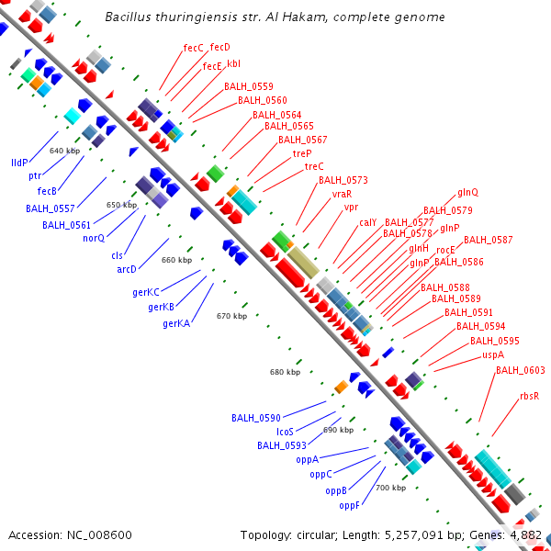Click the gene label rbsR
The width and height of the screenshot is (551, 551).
pos(529,396)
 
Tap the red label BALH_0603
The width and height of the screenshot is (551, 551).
pos(521,370)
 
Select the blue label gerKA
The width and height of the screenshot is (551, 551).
pos(176,323)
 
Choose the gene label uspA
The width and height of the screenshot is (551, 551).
pos(492,354)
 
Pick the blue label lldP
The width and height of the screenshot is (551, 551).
pos(19,162)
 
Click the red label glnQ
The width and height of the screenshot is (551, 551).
pos(467,193)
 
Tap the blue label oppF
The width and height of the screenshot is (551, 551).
pos(349,505)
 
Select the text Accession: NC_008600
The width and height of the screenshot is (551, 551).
pos(70,534)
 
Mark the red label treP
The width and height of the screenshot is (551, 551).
pos(302,153)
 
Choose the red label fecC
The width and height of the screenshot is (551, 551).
pos(193,47)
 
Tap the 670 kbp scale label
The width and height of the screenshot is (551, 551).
pos(231,316)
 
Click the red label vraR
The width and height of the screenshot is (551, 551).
pos(342,194)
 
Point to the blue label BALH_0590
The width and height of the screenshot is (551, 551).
pos(256,417)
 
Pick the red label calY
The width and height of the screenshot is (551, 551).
pos(367,222)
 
